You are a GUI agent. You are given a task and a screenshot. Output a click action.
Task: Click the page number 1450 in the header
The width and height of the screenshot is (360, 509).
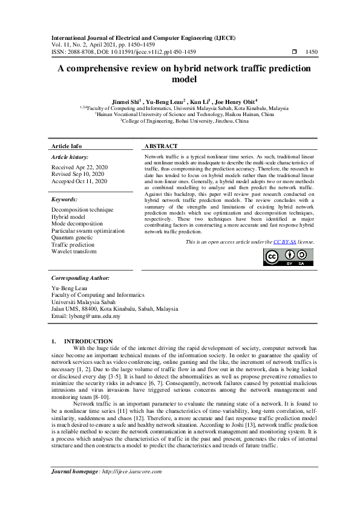tap(312, 52)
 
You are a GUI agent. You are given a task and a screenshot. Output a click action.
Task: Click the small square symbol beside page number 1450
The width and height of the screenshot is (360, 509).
tap(295, 52)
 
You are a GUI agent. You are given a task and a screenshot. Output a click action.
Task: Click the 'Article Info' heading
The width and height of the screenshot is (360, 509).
tap(67, 146)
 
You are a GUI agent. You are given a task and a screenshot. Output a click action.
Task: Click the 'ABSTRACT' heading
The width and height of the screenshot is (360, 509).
tap(161, 146)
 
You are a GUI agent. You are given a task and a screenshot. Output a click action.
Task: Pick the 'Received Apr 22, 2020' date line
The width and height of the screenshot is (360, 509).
tap(79, 167)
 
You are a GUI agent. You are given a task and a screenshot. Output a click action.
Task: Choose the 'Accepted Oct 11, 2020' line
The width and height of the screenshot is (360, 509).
tap(79, 181)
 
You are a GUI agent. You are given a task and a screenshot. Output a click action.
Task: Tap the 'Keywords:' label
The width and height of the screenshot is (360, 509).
tap(65, 199)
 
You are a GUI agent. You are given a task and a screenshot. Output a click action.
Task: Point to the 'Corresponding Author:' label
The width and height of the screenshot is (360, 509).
tap(80, 278)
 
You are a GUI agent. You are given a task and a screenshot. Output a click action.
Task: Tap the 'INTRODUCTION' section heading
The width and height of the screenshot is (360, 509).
tap(88, 342)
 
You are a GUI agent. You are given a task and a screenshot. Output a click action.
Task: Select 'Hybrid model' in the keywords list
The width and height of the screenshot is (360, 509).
tap(68, 216)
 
